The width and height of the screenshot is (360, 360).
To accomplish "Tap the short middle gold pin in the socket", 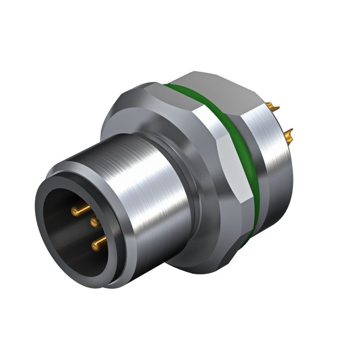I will [x=95, y=221].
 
